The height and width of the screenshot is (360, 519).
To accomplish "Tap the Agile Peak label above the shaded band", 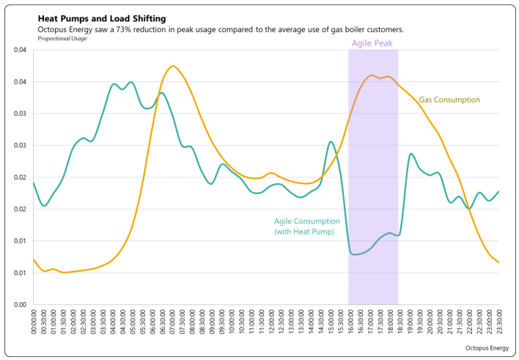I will tap(372, 43).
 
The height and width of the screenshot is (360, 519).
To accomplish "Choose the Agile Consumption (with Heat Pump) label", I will tap(306, 227).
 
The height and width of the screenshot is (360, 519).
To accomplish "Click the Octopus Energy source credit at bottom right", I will tap(487, 348).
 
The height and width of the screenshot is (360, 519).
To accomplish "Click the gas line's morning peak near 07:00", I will tap(172, 66).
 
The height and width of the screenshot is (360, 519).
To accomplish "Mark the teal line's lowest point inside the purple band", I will tap(354, 254).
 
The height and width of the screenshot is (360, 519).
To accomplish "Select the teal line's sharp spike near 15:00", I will tap(331, 142).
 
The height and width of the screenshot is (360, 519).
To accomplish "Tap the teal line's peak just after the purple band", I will tap(411, 154).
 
